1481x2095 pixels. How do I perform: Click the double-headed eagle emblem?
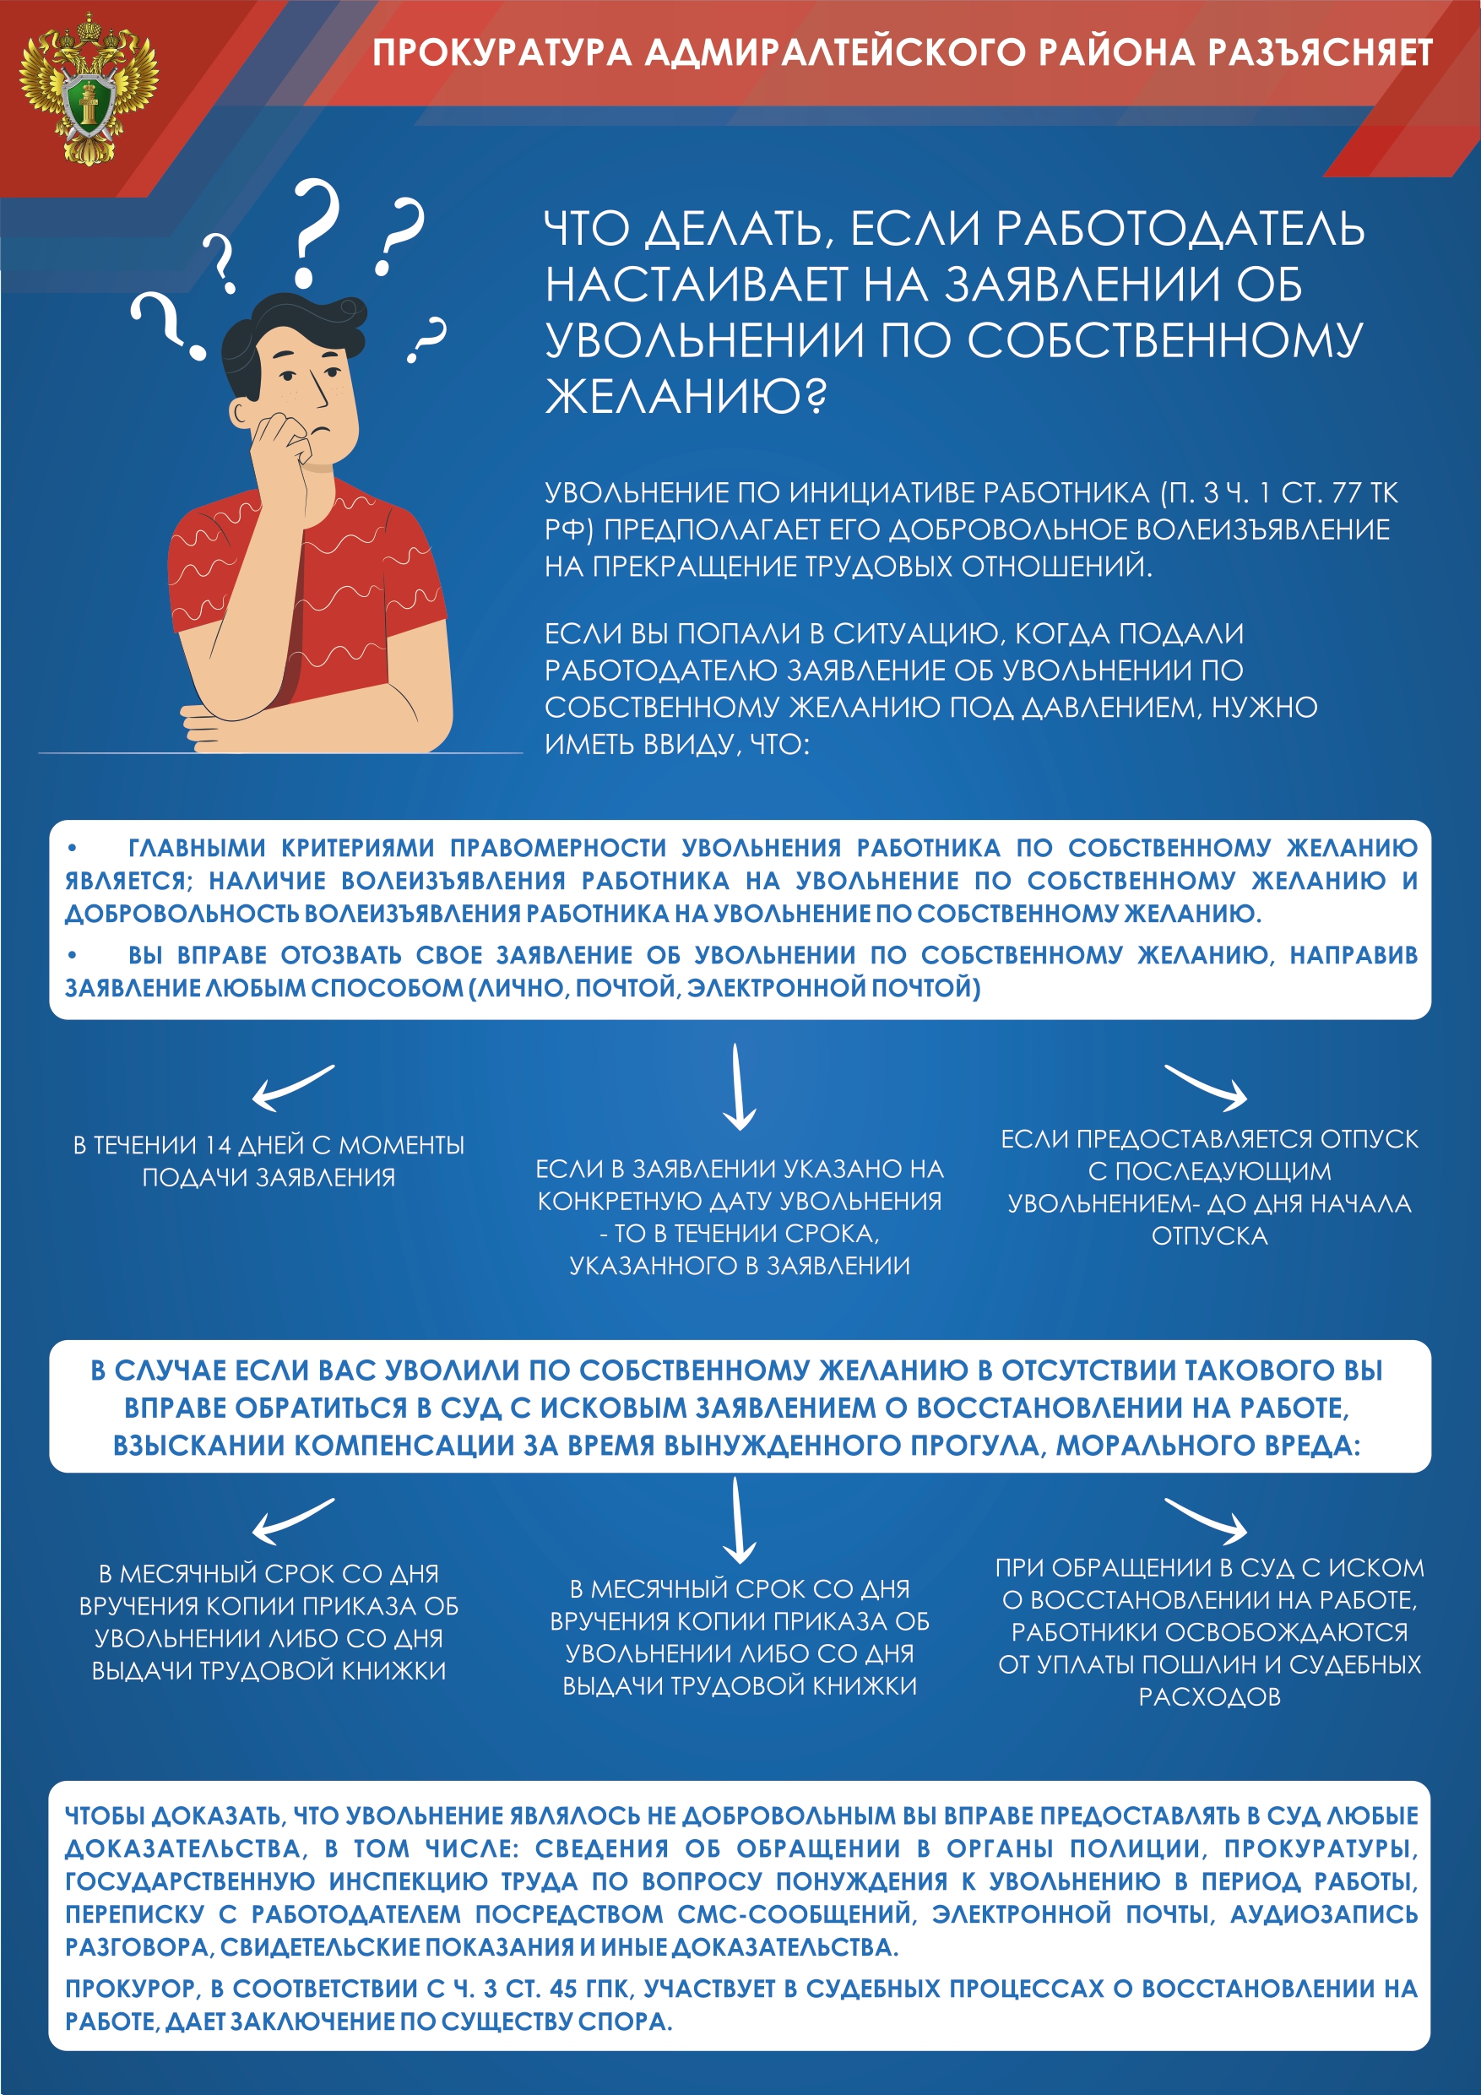point(88,89)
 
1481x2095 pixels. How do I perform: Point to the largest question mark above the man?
point(313,233)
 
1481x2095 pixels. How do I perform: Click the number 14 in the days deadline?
point(218,1144)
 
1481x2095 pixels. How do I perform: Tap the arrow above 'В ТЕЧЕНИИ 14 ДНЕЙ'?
point(293,1088)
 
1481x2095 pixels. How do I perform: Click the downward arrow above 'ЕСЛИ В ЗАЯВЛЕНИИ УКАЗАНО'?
point(737,1088)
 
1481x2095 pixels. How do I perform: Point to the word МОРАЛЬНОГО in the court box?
point(1166,1446)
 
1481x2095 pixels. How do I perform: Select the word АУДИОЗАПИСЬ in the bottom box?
point(1324,1913)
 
